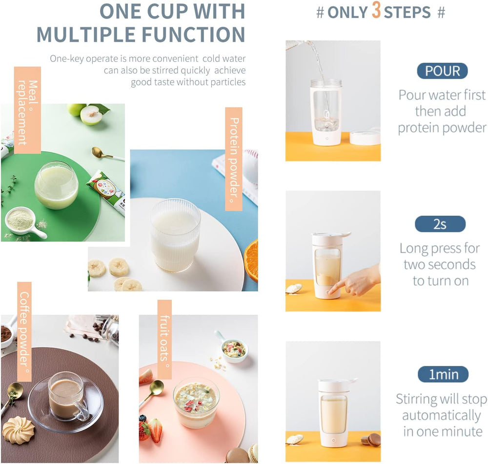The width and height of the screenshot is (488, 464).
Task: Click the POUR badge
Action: click(x=442, y=71)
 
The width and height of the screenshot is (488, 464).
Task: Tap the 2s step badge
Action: click(x=440, y=224)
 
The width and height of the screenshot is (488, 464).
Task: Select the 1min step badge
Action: click(x=443, y=375)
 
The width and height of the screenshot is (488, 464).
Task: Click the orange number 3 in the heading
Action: click(x=376, y=11)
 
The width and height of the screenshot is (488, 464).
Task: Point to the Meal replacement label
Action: click(x=27, y=110)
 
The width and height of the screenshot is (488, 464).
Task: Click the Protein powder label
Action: click(x=234, y=159)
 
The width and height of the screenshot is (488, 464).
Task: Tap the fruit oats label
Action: click(x=164, y=339)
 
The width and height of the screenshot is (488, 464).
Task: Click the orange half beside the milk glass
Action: click(x=251, y=260)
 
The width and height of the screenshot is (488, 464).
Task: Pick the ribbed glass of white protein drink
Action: click(x=175, y=234)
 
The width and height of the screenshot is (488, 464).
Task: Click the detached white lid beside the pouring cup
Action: click(x=365, y=137)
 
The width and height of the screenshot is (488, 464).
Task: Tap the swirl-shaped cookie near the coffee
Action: click(x=19, y=429)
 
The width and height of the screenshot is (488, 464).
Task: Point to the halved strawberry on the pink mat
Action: click(x=155, y=430)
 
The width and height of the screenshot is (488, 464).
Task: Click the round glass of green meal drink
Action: click(x=56, y=185)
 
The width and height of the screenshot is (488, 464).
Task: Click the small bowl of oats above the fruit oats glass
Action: click(x=233, y=348)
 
